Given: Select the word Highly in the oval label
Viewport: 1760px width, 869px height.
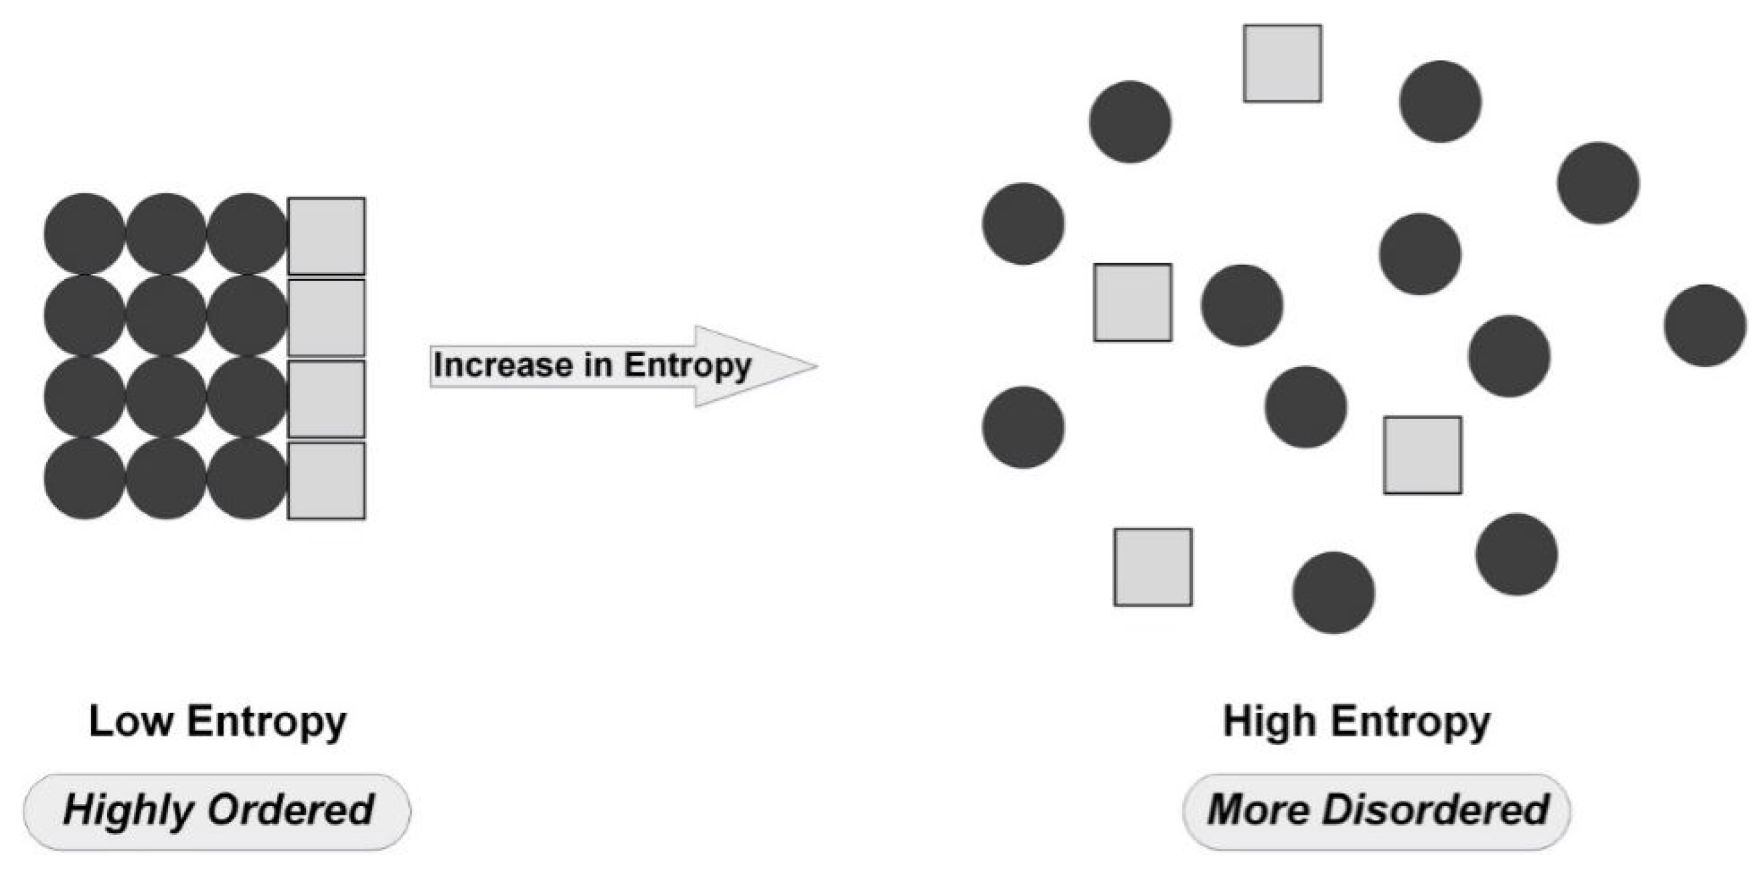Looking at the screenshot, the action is tap(127, 810).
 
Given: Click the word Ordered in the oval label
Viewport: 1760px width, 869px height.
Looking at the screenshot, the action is tap(291, 810).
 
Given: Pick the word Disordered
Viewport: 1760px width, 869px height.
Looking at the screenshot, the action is tap(1435, 810).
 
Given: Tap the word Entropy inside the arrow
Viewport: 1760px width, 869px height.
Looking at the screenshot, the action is tap(688, 366).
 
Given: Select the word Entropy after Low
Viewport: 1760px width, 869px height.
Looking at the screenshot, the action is tap(267, 723).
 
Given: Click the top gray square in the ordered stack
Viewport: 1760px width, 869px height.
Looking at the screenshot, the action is tap(326, 236).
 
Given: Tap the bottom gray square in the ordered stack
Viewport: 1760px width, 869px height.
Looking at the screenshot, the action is tap(326, 480).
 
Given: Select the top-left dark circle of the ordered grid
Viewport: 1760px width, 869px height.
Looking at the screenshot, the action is tap(85, 234).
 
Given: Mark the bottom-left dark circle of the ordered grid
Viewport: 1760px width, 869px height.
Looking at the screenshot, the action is tap(85, 478).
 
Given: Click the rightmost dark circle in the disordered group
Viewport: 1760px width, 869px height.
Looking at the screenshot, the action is tap(1705, 325).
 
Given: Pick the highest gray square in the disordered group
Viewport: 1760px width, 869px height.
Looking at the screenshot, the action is tap(1283, 64).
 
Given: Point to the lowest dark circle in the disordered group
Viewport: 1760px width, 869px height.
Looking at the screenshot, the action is tap(1333, 592).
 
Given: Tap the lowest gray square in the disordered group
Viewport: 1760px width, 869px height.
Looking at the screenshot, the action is tap(1153, 567).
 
